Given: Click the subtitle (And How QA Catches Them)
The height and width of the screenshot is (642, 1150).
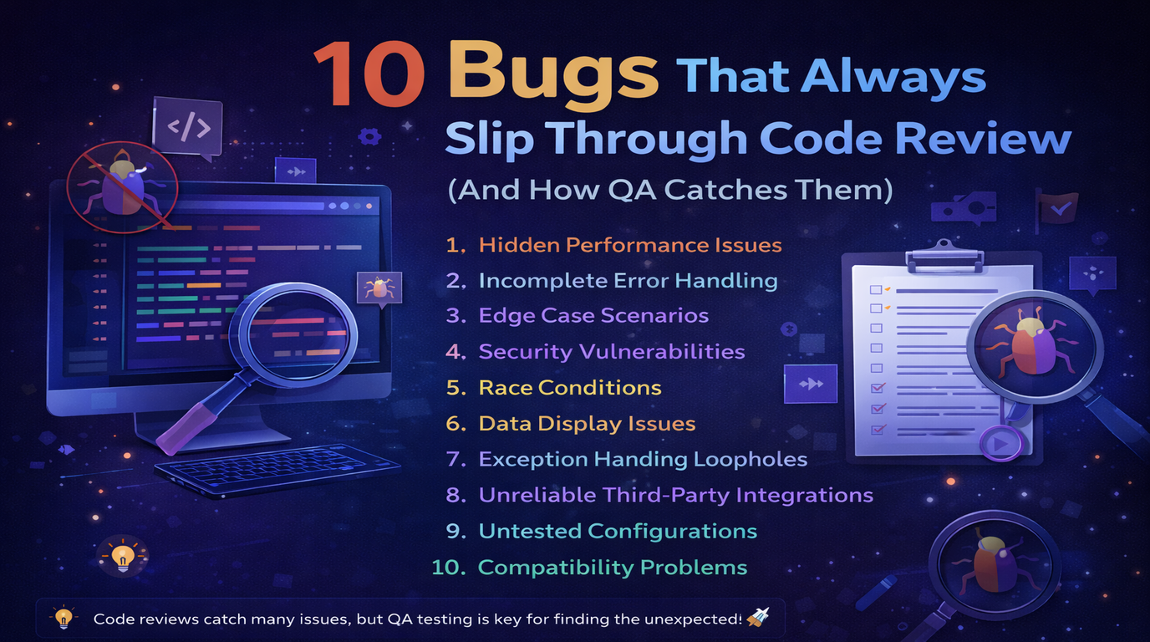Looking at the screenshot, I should pyautogui.click(x=670, y=191).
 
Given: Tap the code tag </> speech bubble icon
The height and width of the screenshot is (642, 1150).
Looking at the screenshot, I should pyautogui.click(x=187, y=127).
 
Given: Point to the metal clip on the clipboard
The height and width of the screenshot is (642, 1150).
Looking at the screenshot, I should pyautogui.click(x=943, y=251).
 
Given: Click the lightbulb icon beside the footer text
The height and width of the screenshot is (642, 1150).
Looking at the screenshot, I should pyautogui.click(x=63, y=619).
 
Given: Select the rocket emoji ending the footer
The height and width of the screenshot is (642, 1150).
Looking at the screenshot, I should pyautogui.click(x=759, y=618).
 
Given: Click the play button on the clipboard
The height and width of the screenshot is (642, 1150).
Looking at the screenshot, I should pyautogui.click(x=1000, y=444).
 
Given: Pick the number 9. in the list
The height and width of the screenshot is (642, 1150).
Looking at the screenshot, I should pyautogui.click(x=455, y=532).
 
